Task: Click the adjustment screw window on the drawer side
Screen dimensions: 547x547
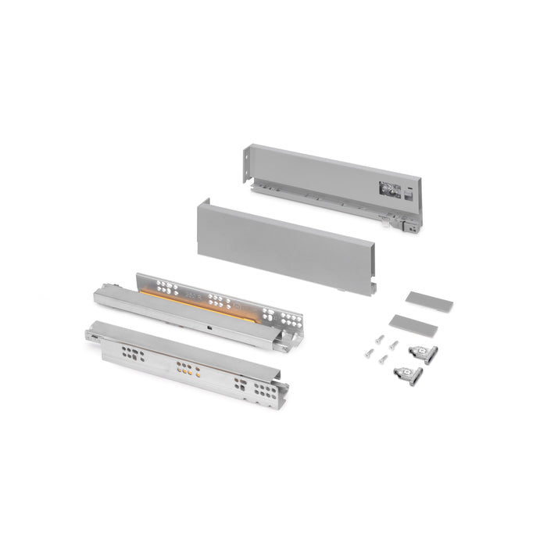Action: (388, 188)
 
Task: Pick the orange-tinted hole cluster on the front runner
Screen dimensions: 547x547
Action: (188, 368)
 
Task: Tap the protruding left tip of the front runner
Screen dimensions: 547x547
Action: (90, 335)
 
